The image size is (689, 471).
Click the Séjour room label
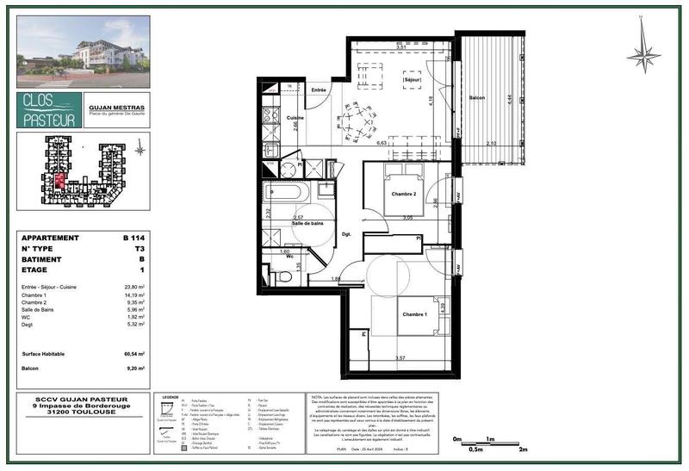pos(412,80)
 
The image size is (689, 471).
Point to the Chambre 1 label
pos(415,314)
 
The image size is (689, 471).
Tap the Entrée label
pos(320,90)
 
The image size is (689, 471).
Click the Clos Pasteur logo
pos(49,110)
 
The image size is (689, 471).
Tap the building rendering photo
pos(83,52)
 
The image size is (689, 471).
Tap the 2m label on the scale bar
pos(523,449)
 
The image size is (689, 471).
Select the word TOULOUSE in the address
pos(96,411)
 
